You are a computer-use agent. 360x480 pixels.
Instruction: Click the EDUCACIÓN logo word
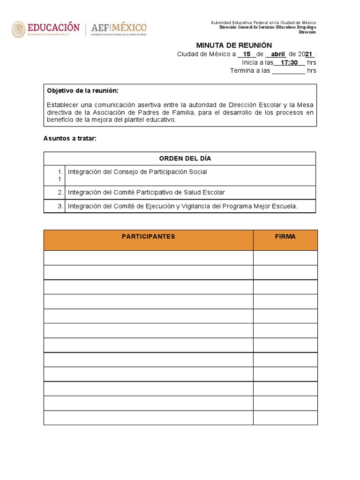53,27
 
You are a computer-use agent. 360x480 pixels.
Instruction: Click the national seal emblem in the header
18,29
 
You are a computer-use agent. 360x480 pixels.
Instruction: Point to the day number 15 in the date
247,54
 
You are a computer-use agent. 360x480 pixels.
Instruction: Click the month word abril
278,54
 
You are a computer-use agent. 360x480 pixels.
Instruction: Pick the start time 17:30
289,62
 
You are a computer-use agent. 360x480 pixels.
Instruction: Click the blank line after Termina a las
288,71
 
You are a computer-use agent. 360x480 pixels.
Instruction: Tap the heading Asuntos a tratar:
69,138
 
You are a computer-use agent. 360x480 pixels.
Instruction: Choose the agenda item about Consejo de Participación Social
137,172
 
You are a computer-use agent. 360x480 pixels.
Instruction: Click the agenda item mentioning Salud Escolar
146,192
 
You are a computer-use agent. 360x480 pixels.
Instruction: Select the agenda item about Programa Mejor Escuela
183,206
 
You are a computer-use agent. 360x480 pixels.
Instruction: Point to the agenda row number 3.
60,206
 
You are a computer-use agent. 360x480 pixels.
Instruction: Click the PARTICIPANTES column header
148,237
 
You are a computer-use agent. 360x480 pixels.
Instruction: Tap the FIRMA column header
285,237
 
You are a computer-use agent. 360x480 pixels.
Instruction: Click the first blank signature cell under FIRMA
285,258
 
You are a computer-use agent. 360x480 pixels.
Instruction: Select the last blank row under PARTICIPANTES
148,418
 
